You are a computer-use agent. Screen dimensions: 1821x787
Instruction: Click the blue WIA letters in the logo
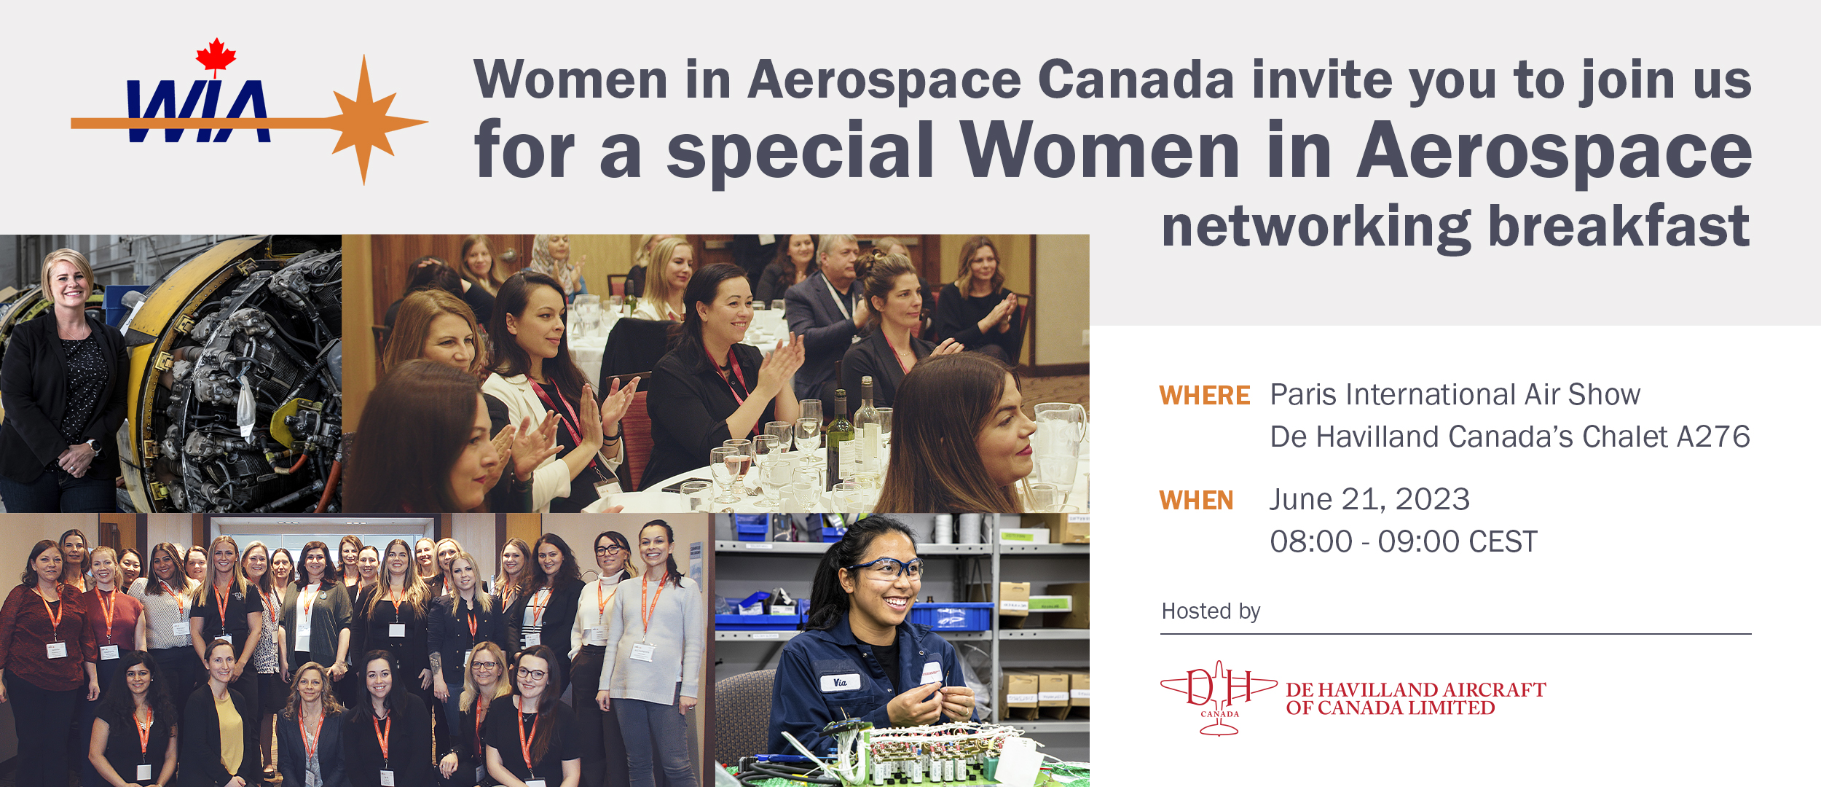click(198, 111)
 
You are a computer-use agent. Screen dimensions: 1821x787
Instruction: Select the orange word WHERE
click(1205, 396)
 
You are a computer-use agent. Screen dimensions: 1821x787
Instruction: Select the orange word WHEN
click(1196, 501)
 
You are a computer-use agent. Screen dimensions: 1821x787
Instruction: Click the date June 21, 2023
click(1369, 500)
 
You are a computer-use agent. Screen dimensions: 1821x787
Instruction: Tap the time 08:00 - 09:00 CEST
click(1404, 542)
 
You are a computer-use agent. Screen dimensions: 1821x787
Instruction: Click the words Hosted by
click(1211, 611)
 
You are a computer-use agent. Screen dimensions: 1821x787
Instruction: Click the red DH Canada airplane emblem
click(1219, 697)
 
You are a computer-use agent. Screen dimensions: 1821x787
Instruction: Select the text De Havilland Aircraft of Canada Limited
click(1416, 699)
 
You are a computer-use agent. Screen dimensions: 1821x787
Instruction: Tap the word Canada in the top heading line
click(1136, 80)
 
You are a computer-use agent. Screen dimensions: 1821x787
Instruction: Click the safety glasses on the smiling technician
click(886, 569)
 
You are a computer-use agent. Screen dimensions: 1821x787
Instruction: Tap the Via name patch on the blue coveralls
click(840, 683)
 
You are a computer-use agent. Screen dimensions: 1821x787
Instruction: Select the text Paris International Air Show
click(1455, 395)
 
